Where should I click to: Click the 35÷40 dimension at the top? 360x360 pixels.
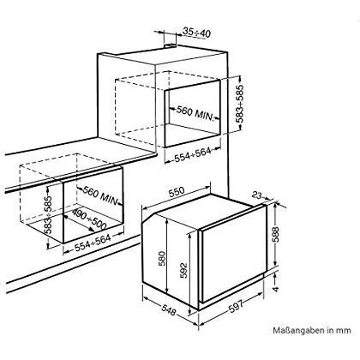196,33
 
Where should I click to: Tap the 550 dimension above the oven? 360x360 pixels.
177,193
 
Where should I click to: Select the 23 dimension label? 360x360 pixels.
257,195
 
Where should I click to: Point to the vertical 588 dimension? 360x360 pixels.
275,235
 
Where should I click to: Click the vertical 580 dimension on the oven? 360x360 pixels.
162,259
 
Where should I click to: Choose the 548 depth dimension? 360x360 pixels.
169,310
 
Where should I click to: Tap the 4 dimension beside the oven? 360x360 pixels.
275,289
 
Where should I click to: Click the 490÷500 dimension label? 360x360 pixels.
89,219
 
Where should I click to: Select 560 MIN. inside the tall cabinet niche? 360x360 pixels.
195,112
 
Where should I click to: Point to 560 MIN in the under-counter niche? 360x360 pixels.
100,195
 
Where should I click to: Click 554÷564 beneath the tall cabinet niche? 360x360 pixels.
193,154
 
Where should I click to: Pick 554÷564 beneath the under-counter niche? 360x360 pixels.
93,243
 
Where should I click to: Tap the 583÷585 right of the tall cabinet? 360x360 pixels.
240,104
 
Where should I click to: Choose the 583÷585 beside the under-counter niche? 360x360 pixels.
49,215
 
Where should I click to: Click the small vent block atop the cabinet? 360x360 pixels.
170,45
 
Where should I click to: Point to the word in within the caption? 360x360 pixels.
331,330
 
